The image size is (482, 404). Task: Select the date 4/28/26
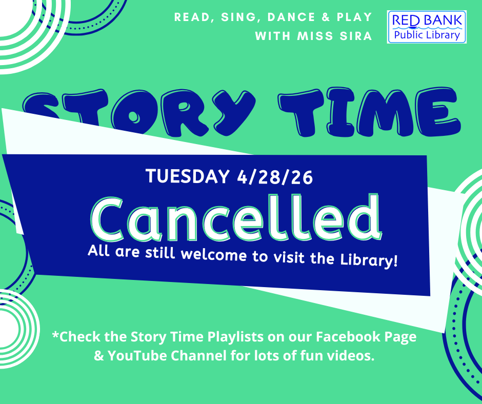click(x=274, y=177)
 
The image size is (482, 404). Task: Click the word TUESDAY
click(x=188, y=177)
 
